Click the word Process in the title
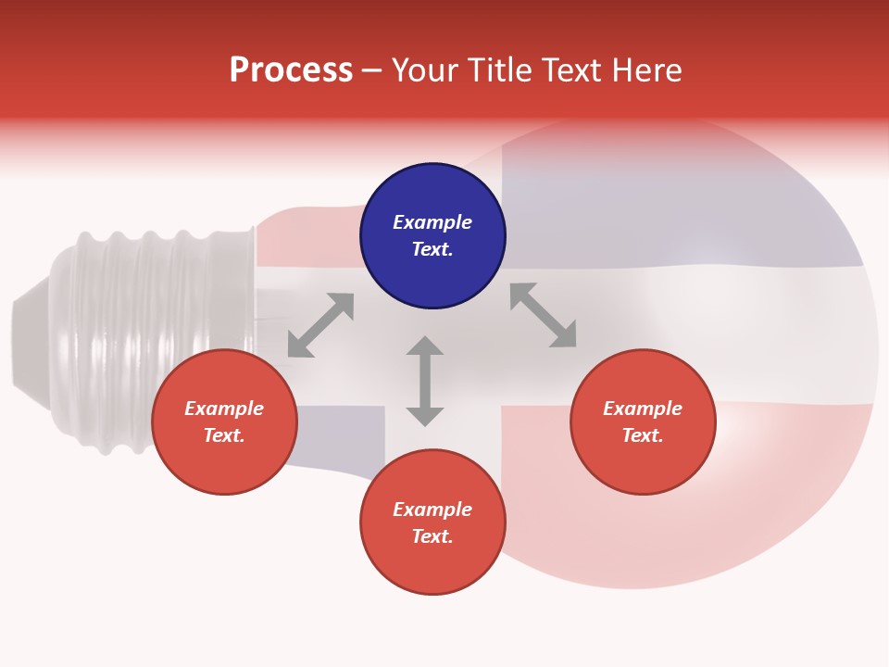291,70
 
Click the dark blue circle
432,236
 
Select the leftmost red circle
224,422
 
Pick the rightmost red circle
643,422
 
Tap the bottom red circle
432,522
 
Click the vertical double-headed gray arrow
425,381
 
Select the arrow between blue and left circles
320,325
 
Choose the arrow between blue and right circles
543,315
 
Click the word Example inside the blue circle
432,222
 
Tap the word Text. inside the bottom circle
432,536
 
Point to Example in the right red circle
643,409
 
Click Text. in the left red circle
224,435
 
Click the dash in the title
371,71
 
